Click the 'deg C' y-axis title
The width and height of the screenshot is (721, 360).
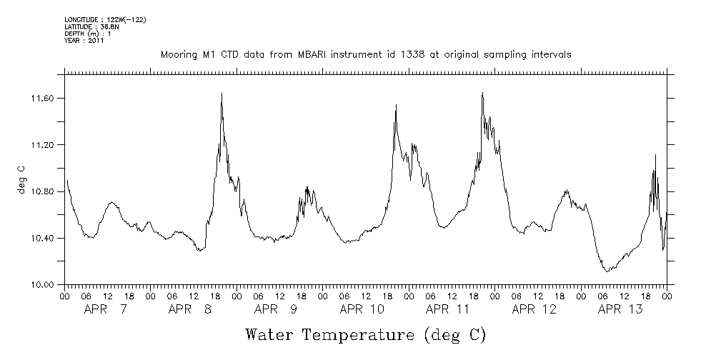coord(21,179)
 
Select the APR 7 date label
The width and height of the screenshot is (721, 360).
coord(106,309)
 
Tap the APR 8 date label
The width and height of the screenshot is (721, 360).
coord(191,309)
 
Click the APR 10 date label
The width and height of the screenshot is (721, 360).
coord(362,309)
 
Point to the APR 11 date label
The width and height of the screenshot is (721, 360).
coord(448,309)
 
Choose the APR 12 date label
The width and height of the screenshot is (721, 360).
coord(534,309)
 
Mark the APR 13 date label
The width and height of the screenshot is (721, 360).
coord(620,309)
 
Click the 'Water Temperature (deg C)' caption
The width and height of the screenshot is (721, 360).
coord(365,334)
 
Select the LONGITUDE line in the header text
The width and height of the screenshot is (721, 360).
coord(105,19)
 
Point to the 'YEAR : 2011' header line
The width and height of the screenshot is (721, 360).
coord(84,41)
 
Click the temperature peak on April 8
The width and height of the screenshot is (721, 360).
coord(222,94)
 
